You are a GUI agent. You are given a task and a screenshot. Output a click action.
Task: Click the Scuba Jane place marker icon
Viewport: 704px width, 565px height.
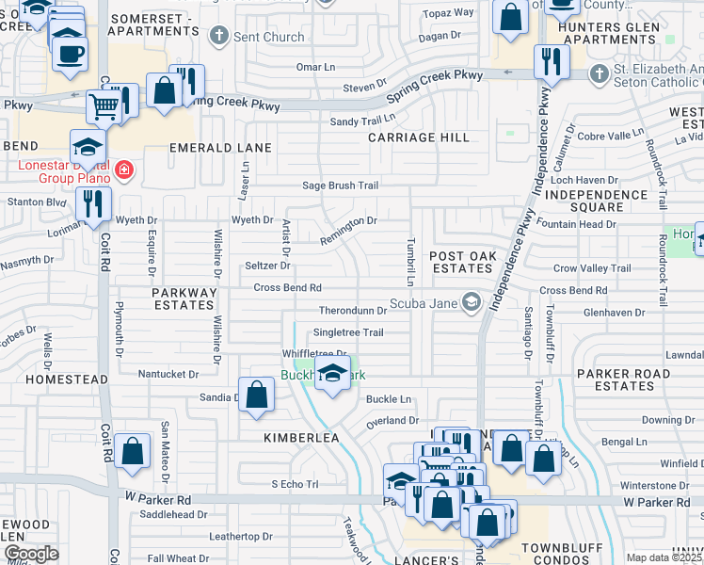point(472,302)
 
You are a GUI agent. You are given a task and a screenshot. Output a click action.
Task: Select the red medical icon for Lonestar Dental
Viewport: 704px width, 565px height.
point(124,170)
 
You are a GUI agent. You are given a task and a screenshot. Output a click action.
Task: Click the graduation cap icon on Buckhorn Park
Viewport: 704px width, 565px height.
point(331,376)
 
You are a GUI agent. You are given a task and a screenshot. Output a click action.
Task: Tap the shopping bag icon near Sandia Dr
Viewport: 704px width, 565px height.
point(256,395)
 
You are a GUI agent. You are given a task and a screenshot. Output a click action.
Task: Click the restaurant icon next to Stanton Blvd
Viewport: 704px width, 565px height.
point(93,204)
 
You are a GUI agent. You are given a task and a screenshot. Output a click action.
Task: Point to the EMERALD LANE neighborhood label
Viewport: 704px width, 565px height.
point(219,148)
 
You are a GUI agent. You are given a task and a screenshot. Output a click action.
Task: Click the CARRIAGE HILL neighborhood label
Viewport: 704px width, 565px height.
point(418,137)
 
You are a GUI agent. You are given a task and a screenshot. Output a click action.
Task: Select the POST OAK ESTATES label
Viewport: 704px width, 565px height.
point(461,263)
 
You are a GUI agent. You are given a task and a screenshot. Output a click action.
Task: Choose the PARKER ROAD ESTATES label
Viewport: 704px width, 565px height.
point(616,379)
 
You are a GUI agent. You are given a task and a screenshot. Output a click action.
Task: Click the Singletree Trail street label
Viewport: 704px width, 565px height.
point(348,332)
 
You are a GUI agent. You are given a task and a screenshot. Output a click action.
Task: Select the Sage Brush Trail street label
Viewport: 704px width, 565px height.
point(340,186)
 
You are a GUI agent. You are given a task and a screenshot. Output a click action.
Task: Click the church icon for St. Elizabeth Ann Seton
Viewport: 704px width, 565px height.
point(598,73)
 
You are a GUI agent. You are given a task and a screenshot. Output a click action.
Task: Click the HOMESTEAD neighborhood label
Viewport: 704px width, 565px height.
point(54,379)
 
